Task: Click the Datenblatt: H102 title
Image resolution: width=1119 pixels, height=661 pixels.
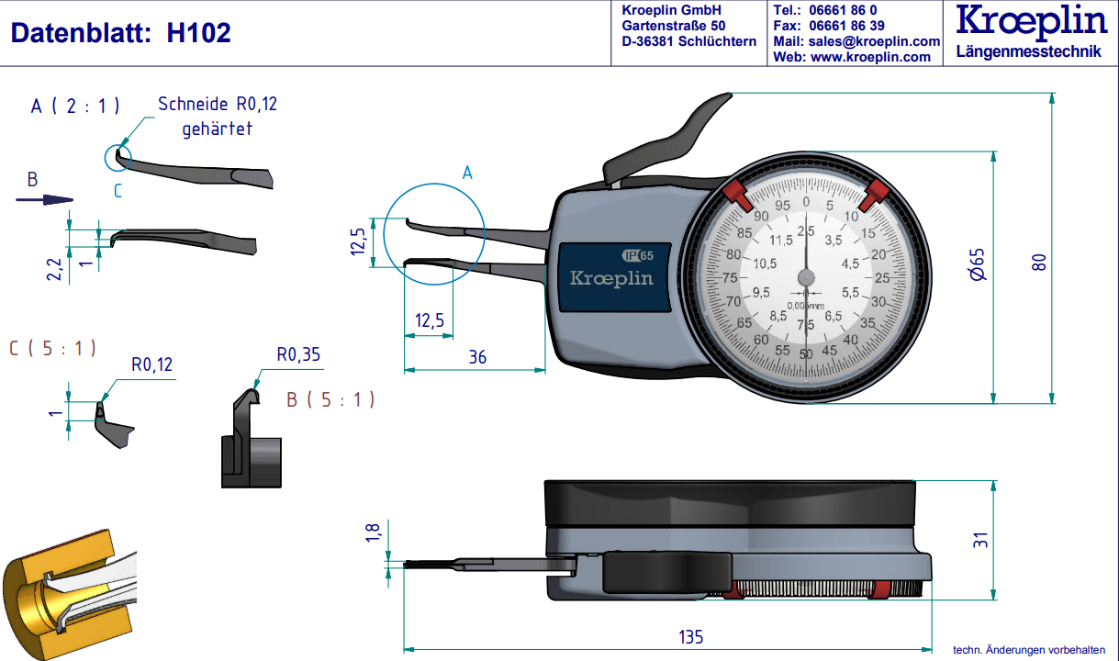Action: [x=120, y=34]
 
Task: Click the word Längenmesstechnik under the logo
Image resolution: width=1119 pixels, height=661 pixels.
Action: [x=1028, y=51]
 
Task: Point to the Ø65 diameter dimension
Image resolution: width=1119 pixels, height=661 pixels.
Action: [x=978, y=264]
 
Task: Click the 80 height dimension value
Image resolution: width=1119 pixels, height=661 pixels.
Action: [x=1038, y=261]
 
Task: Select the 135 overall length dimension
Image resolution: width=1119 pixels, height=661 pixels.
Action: [x=689, y=637]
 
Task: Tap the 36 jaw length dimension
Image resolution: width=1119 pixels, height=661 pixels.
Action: [x=477, y=357]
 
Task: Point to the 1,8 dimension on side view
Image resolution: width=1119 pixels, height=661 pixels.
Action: [x=372, y=533]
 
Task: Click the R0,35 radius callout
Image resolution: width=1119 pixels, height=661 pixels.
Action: [x=298, y=354]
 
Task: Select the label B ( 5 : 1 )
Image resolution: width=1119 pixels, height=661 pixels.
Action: [x=330, y=399]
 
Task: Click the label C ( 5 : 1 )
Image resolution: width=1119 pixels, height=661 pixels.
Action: [x=52, y=348]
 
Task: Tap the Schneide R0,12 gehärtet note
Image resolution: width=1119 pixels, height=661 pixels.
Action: [x=217, y=116]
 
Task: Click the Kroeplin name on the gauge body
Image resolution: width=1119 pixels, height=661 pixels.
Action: [x=611, y=277]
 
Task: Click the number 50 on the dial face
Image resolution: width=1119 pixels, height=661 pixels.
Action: [x=806, y=354]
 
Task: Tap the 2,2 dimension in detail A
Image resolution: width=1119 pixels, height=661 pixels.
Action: [x=54, y=268]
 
